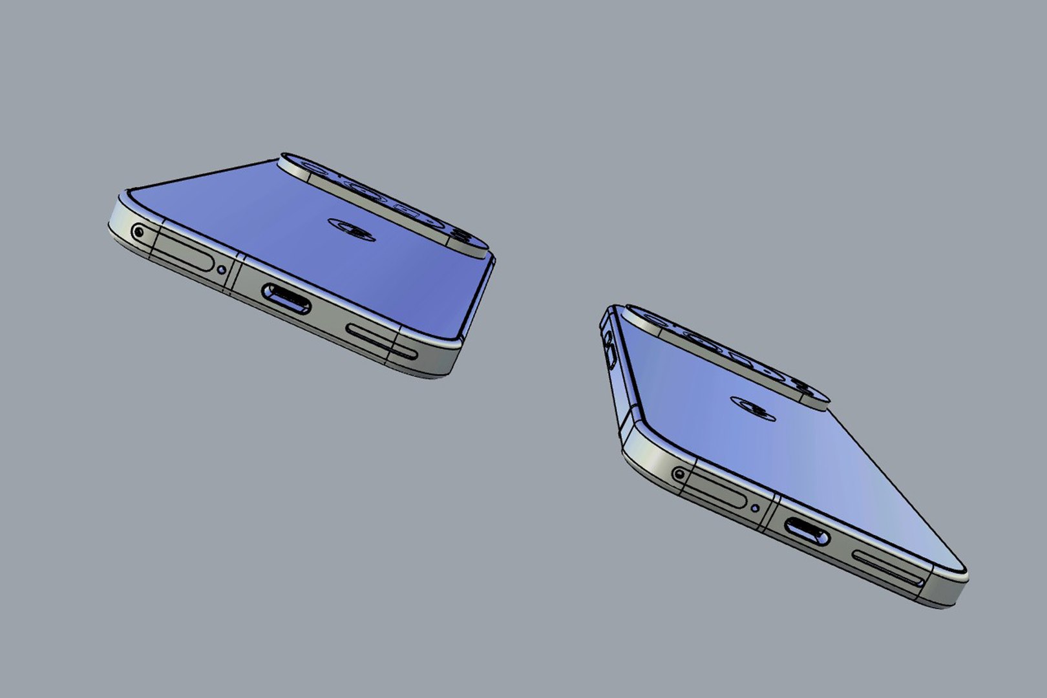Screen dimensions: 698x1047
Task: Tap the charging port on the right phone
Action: click(807, 531)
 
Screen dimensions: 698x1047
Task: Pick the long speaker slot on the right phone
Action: click(888, 569)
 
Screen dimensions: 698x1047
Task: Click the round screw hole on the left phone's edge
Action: click(138, 231)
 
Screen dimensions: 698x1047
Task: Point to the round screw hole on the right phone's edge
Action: click(679, 474)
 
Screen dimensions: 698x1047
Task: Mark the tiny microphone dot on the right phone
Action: click(756, 508)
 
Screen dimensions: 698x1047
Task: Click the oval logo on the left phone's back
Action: click(352, 229)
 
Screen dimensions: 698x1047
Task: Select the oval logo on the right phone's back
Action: click(754, 407)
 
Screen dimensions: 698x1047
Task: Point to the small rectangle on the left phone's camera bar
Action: click(406, 211)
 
